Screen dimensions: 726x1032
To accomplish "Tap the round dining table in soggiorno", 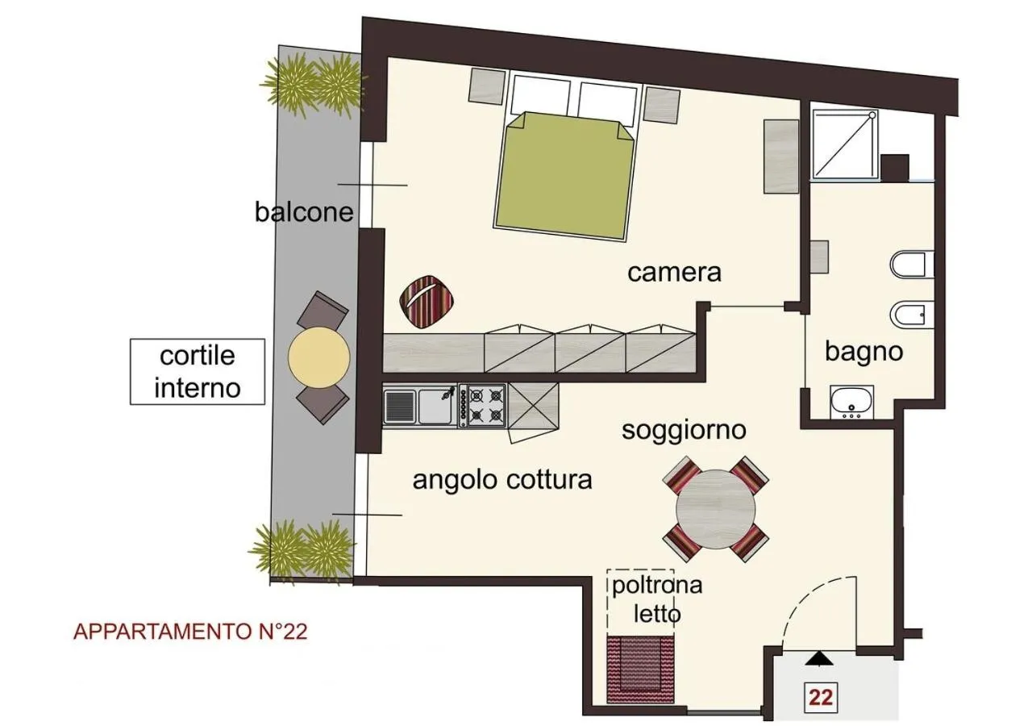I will [715, 509].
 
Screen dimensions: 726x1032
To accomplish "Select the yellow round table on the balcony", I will [319, 357].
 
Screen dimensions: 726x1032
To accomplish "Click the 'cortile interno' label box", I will [198, 371].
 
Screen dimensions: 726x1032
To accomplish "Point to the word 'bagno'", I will [863, 352].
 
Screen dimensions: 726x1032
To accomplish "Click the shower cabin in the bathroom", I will [843, 144].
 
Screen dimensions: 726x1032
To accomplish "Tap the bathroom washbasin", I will [851, 401].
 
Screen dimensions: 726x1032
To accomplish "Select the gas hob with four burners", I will [483, 404].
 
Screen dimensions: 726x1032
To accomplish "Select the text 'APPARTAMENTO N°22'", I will [190, 632].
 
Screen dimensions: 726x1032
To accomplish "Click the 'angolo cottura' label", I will [502, 479].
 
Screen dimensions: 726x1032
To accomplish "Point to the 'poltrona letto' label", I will [656, 599].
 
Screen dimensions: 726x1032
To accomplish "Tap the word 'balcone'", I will [304, 211].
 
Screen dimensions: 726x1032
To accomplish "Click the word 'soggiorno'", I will [684, 430].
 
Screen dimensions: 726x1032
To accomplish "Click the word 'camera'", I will [674, 273].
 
